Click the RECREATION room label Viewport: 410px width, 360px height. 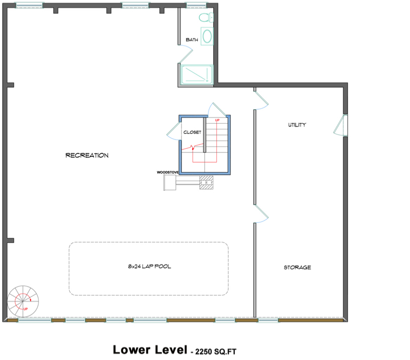coord(87,155)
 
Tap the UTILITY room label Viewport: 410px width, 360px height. coord(297,125)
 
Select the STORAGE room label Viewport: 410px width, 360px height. coord(297,267)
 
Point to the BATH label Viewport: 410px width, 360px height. coord(192,39)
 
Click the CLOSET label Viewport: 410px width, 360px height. coord(193,132)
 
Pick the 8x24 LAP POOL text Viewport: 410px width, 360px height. coord(149,267)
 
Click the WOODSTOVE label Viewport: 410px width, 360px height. coord(167,172)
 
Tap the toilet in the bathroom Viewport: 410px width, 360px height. coord(206,18)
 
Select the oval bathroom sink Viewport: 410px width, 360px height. coord(207,36)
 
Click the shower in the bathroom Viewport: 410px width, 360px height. coord(196,75)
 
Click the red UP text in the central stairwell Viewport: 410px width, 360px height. coord(217,120)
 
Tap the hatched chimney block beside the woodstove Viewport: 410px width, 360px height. coord(206,183)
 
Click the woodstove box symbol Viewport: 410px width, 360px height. coord(170,182)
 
